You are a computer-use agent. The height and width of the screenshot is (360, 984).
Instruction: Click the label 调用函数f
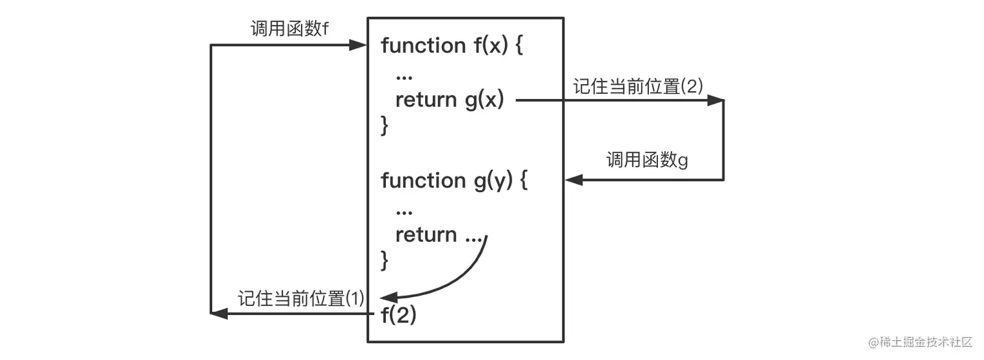click(289, 29)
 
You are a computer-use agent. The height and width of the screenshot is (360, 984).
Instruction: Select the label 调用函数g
click(647, 160)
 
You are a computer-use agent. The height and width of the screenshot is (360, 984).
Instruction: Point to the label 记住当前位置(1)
click(301, 299)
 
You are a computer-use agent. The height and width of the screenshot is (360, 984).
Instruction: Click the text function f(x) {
click(452, 46)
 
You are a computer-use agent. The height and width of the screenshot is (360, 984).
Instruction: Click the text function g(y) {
click(454, 180)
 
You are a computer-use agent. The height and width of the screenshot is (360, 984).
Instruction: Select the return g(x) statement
click(449, 100)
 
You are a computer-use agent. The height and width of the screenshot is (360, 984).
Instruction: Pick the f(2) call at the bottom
click(398, 316)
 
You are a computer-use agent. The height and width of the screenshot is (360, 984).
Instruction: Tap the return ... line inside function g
click(438, 235)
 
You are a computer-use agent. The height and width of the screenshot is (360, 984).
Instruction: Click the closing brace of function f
click(385, 126)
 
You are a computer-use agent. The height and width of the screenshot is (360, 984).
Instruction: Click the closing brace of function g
click(385, 261)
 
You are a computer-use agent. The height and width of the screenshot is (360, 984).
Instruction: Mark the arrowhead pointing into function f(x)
click(359, 45)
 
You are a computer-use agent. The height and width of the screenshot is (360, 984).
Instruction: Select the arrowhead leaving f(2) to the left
click(219, 314)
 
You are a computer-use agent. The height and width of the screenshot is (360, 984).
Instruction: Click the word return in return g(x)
click(426, 100)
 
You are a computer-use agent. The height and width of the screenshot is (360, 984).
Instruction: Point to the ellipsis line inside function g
click(403, 210)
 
